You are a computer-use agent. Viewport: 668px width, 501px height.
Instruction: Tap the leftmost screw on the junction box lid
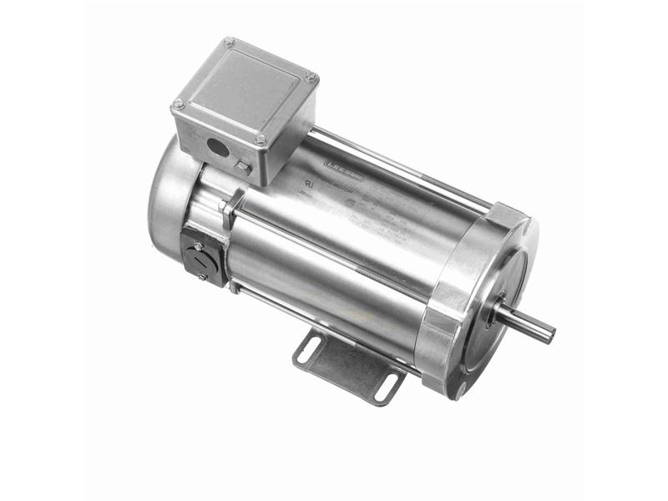point(178,104)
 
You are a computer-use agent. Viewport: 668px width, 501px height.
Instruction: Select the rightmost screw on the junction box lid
point(311,78)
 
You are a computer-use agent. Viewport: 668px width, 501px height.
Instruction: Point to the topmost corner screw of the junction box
point(229,42)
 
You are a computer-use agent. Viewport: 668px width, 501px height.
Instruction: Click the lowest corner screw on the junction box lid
point(261,139)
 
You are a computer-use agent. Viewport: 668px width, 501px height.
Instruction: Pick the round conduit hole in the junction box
point(218,149)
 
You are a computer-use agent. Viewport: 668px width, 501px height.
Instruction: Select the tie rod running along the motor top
point(401,167)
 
